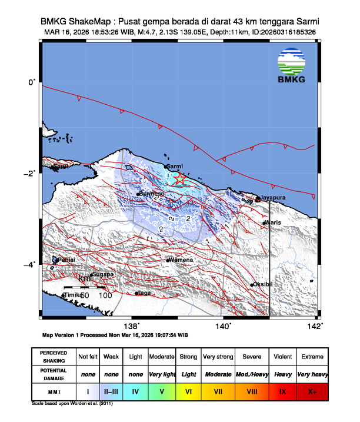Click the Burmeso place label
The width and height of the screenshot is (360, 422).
point(152,194)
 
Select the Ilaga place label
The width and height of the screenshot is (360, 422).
point(145,293)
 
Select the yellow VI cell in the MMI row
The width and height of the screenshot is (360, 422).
point(188,391)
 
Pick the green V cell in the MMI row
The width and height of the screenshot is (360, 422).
point(162,391)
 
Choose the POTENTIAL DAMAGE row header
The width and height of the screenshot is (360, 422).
point(54,374)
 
